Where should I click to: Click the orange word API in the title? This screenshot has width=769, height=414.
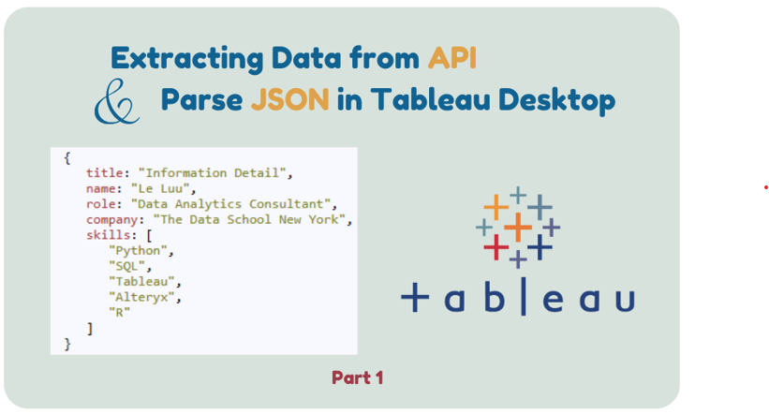(x=451, y=58)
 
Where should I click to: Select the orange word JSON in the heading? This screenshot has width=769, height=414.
(x=289, y=99)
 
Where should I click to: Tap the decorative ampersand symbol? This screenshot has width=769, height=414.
(x=117, y=101)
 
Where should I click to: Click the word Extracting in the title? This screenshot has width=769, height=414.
(x=187, y=59)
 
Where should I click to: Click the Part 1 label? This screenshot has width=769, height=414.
(x=357, y=377)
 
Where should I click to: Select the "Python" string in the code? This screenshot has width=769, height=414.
(x=139, y=250)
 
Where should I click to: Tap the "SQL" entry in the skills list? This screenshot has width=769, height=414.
(x=127, y=266)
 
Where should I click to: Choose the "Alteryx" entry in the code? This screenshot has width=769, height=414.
(x=141, y=297)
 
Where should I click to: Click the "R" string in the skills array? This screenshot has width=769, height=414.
(x=120, y=312)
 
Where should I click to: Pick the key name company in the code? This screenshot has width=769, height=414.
(x=111, y=220)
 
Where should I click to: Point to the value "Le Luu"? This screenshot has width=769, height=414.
(x=160, y=188)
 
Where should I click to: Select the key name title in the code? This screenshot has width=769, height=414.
(x=105, y=172)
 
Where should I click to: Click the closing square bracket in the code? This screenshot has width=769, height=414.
(x=90, y=328)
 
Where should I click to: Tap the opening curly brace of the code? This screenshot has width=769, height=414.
(x=67, y=158)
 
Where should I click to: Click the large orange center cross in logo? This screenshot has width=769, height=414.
(x=518, y=227)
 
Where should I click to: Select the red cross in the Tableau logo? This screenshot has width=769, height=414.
(x=496, y=246)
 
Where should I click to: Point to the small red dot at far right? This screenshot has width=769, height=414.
(x=765, y=187)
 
